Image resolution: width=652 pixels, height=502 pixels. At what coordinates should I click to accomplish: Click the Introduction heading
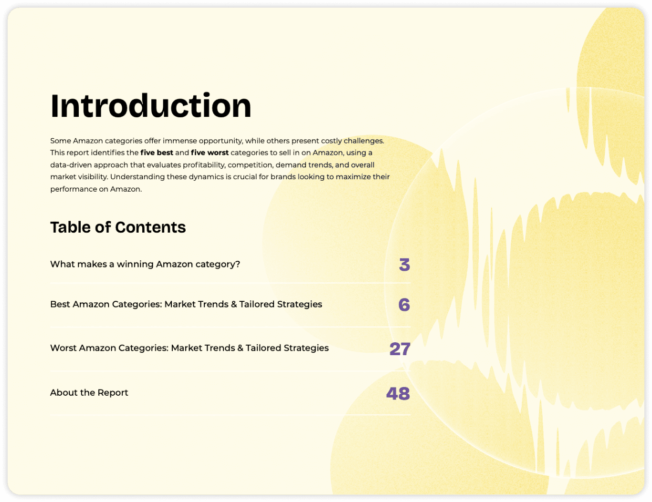click(151, 105)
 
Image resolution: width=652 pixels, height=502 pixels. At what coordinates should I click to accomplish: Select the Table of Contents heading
click(118, 227)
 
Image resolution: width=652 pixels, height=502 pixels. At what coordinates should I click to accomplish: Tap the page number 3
click(404, 265)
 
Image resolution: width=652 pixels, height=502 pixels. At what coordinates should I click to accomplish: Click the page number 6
click(404, 305)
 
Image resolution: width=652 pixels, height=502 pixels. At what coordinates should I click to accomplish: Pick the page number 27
click(400, 348)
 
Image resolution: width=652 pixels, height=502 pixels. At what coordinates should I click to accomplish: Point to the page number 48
click(398, 393)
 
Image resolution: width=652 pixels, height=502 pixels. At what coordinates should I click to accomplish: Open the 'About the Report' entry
click(89, 392)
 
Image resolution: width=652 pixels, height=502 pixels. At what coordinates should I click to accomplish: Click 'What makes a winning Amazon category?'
click(145, 264)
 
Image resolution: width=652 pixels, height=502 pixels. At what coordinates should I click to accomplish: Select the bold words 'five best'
click(157, 153)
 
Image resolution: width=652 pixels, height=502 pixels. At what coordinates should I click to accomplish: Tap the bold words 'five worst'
click(210, 153)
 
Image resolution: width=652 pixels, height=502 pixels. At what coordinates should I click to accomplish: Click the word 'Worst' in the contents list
click(63, 348)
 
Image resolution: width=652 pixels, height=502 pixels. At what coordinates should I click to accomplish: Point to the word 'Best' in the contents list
click(60, 304)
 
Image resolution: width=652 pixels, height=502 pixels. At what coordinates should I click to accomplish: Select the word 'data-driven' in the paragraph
click(71, 165)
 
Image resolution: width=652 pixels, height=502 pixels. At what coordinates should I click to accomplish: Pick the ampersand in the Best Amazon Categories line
click(234, 304)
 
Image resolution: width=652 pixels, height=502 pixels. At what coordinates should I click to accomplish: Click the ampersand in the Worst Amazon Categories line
click(240, 348)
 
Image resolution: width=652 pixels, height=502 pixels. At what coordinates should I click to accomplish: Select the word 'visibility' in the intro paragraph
click(93, 177)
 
